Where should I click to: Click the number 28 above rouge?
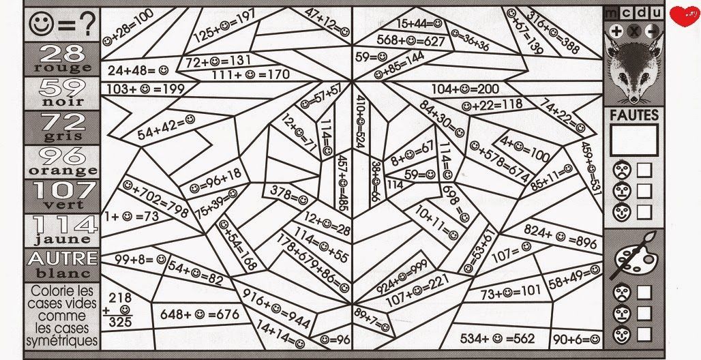62,52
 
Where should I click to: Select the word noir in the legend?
62,102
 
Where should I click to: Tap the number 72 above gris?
62,121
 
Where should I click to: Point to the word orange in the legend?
62,170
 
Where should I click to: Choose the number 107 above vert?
62,190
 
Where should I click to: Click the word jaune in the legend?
62,239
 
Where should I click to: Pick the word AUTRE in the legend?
62,258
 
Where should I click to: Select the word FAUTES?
634,116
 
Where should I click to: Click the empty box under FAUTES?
634,140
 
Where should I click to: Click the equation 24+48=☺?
137,70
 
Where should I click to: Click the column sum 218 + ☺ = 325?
120,310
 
